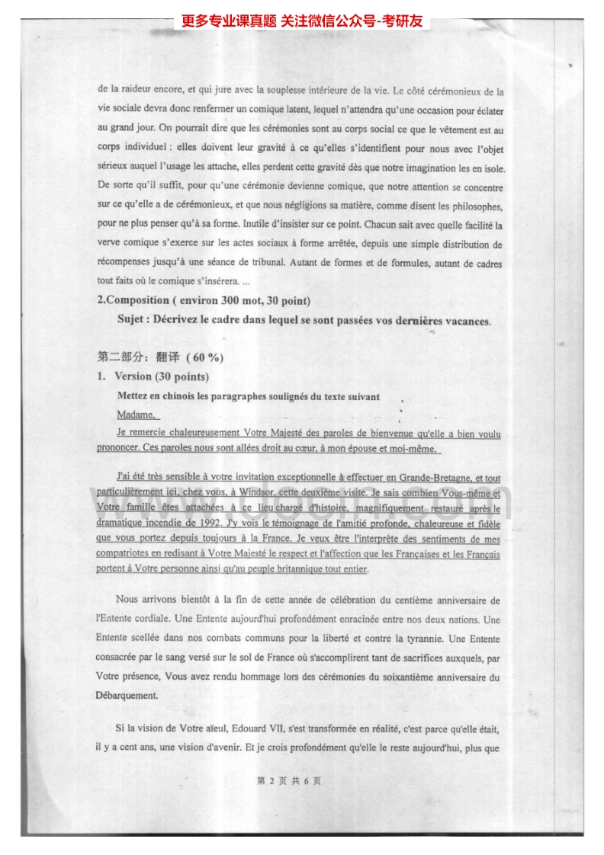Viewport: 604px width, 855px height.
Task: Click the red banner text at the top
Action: click(302, 22)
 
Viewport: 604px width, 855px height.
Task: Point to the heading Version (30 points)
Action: click(161, 376)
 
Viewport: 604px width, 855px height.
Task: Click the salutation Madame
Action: click(136, 415)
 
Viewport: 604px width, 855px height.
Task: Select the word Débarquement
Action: click(127, 695)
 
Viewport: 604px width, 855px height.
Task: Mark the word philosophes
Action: click(471, 206)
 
